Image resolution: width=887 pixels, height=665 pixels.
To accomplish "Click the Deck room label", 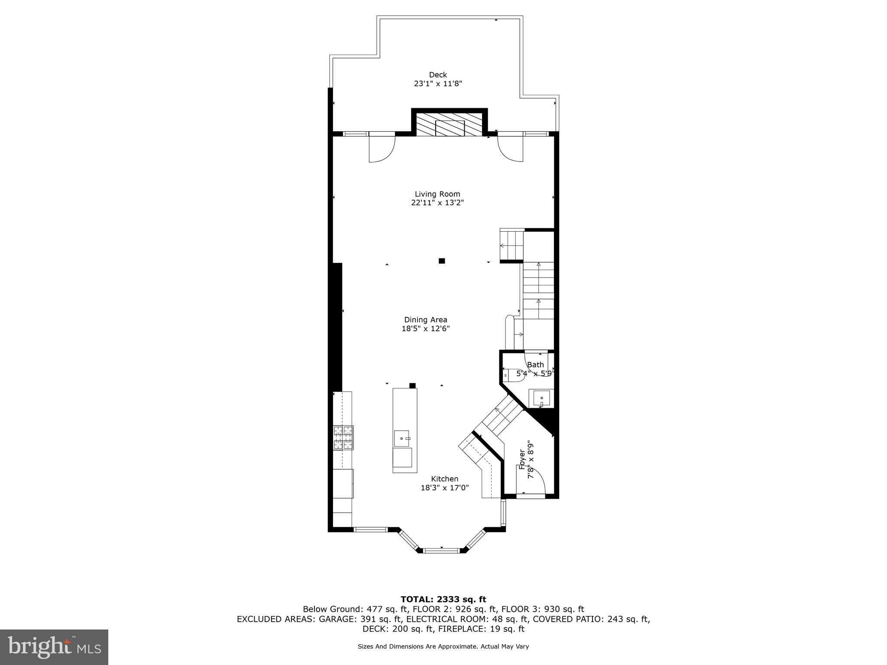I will pyautogui.click(x=438, y=75).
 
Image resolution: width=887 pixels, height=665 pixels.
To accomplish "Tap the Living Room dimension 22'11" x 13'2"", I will pyautogui.click(x=437, y=203).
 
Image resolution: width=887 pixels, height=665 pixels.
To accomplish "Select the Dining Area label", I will pyautogui.click(x=426, y=320).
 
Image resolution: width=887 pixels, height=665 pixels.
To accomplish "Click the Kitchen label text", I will pyautogui.click(x=444, y=479).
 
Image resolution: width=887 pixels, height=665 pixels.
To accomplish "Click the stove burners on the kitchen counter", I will pyautogui.click(x=343, y=438).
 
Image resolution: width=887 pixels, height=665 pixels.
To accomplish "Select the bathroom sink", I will pyautogui.click(x=541, y=398).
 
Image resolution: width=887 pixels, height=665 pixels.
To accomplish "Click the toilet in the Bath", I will pyautogui.click(x=515, y=375).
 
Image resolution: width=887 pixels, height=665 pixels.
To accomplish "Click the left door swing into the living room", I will pyautogui.click(x=381, y=149).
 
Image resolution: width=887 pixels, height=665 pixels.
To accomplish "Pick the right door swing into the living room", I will pyautogui.click(x=510, y=149).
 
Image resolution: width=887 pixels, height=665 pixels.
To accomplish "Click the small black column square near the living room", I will pyautogui.click(x=442, y=261).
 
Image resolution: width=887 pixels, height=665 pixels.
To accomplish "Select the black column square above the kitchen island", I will pyautogui.click(x=412, y=385).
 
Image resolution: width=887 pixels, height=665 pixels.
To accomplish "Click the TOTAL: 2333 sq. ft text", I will pyautogui.click(x=443, y=600).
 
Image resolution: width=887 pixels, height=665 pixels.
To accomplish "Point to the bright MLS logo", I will pyautogui.click(x=54, y=647).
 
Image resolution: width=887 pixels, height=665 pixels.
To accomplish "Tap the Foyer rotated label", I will pyautogui.click(x=522, y=459).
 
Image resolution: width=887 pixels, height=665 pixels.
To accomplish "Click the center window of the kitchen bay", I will pyautogui.click(x=441, y=550).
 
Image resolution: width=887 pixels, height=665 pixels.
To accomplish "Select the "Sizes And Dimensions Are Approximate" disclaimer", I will pyautogui.click(x=443, y=647).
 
